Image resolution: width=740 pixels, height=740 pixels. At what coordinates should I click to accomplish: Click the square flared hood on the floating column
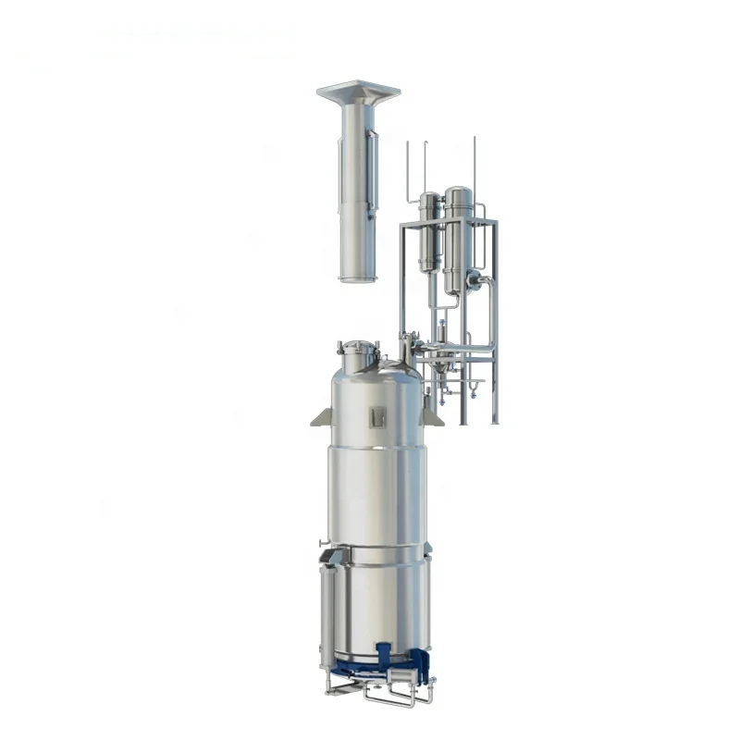(358, 92)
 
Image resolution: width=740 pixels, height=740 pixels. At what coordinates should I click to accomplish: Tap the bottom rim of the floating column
(358, 277)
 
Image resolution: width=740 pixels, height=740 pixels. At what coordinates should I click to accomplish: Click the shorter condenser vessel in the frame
(429, 231)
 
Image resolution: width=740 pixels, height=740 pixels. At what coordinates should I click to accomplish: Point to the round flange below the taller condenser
(473, 280)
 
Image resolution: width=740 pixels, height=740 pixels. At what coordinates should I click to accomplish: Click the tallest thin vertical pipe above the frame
(475, 166)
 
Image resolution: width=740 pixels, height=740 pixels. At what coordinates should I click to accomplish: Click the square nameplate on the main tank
(376, 417)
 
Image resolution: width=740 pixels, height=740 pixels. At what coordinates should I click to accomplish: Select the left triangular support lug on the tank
(321, 417)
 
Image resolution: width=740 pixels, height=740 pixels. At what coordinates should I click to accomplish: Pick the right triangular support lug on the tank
(431, 417)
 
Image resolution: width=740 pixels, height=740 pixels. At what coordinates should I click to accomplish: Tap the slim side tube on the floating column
(372, 171)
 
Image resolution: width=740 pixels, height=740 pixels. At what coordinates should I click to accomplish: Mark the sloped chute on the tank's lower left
(331, 557)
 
